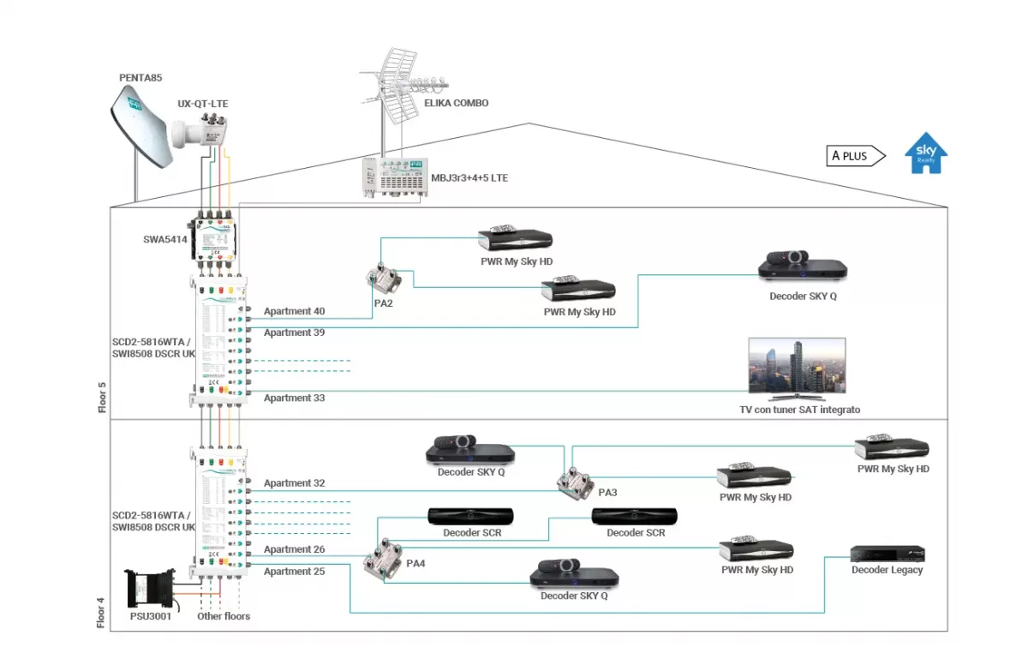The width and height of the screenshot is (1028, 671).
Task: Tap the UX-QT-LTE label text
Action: click(x=203, y=104)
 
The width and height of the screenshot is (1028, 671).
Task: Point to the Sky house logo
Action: click(x=926, y=153)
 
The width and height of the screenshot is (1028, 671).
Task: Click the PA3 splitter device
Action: click(x=571, y=483)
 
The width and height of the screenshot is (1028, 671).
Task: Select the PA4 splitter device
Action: click(x=379, y=563)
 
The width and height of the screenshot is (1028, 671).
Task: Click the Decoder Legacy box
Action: click(x=888, y=554)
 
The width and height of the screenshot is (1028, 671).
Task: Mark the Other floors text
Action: click(x=224, y=616)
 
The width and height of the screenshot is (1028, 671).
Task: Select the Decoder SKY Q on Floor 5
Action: click(x=803, y=265)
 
